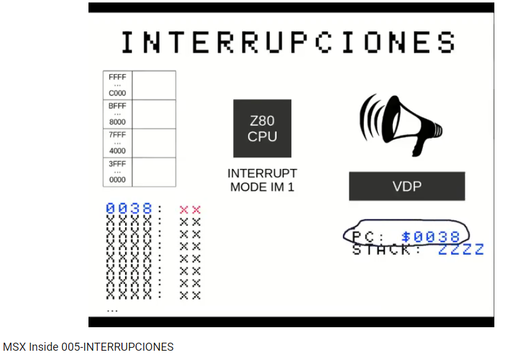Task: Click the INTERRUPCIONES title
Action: click(x=288, y=42)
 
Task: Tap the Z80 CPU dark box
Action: click(x=262, y=129)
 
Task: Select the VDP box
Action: click(x=406, y=186)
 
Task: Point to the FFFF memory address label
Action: click(x=117, y=77)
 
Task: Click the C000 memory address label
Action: click(x=117, y=93)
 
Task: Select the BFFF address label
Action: click(x=117, y=106)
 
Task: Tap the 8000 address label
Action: click(x=117, y=122)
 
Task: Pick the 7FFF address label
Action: click(x=117, y=135)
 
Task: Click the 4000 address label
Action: click(x=117, y=151)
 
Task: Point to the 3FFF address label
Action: click(x=117, y=164)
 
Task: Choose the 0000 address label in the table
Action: click(x=117, y=180)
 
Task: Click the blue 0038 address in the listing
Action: click(x=129, y=209)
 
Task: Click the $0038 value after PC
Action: click(x=431, y=236)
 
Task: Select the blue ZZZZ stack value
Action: click(x=461, y=250)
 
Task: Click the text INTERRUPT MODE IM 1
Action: click(x=262, y=180)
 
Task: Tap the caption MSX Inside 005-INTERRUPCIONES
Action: click(x=88, y=347)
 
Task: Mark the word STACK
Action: click(x=382, y=250)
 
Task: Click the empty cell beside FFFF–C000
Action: click(x=154, y=85)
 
